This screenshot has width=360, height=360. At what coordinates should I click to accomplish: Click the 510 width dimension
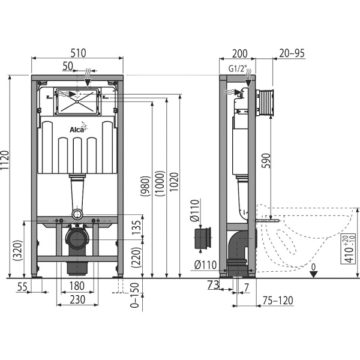coord(78,53)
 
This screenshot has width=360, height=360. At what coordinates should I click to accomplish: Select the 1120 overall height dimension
coord(4,160)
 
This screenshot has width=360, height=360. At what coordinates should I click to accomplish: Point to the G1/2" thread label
coord(238,68)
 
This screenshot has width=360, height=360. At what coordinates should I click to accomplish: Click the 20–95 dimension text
coord(292,53)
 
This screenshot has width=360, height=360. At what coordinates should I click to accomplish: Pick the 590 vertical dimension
coord(266,160)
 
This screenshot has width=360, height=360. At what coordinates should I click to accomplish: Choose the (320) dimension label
coord(17,250)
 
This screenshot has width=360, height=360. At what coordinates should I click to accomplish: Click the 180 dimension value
coord(77,286)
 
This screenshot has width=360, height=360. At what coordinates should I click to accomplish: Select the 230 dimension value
coord(77,299)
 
